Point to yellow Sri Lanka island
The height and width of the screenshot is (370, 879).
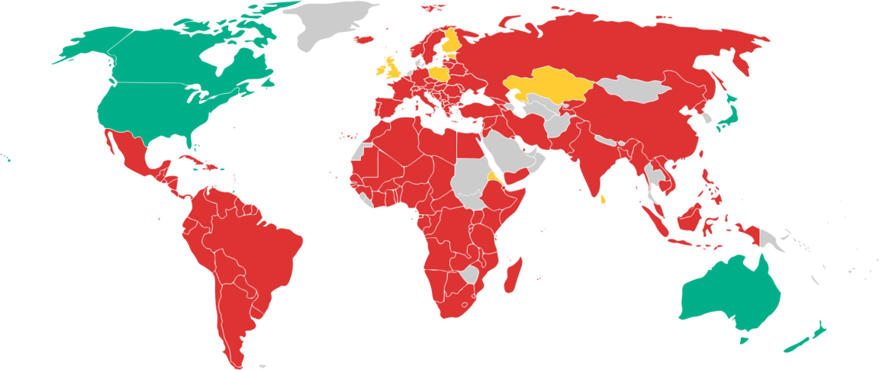tap(604, 200)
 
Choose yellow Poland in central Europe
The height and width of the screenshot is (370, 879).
tap(441, 73)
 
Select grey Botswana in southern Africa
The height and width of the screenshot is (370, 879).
tap(468, 274)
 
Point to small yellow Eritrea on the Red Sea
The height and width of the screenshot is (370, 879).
tap(494, 180)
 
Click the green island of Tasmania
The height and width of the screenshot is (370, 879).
tap(745, 340)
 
